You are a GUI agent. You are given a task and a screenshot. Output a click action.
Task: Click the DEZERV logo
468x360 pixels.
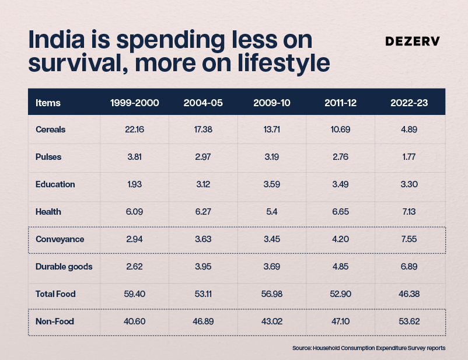(413, 41)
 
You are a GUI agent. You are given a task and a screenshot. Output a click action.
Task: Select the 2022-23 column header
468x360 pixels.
(409, 103)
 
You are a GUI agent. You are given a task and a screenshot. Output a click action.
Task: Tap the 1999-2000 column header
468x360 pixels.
(135, 103)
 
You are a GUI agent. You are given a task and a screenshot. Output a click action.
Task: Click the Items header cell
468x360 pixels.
(48, 103)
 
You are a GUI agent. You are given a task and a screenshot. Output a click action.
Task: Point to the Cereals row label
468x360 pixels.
(50, 130)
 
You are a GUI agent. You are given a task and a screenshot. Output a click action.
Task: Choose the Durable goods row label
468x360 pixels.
(64, 267)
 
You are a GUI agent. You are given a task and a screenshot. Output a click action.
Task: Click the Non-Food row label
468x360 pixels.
(55, 321)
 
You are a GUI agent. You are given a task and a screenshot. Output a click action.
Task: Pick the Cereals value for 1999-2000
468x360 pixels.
(135, 130)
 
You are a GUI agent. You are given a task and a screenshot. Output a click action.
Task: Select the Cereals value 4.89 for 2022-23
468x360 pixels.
(409, 130)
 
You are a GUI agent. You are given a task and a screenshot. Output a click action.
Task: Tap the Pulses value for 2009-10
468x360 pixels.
(271, 157)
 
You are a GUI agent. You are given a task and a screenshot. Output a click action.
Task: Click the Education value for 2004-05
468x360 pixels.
(203, 184)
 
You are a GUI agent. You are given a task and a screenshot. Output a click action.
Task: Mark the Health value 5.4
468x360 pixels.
(271, 212)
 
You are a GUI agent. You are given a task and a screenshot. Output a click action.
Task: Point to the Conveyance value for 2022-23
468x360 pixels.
(409, 239)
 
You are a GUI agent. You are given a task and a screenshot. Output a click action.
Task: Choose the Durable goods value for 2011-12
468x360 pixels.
(340, 267)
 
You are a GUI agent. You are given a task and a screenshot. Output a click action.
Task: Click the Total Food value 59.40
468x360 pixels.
(135, 294)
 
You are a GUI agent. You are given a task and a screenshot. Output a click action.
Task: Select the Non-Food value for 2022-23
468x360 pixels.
(409, 321)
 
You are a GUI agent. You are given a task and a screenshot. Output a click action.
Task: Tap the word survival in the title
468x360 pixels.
(78, 62)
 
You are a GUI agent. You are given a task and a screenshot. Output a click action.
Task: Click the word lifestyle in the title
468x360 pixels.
(284, 62)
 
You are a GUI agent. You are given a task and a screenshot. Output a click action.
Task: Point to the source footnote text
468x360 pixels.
(369, 348)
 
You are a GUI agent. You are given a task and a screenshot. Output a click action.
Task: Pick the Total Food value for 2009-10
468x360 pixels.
(271, 294)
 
